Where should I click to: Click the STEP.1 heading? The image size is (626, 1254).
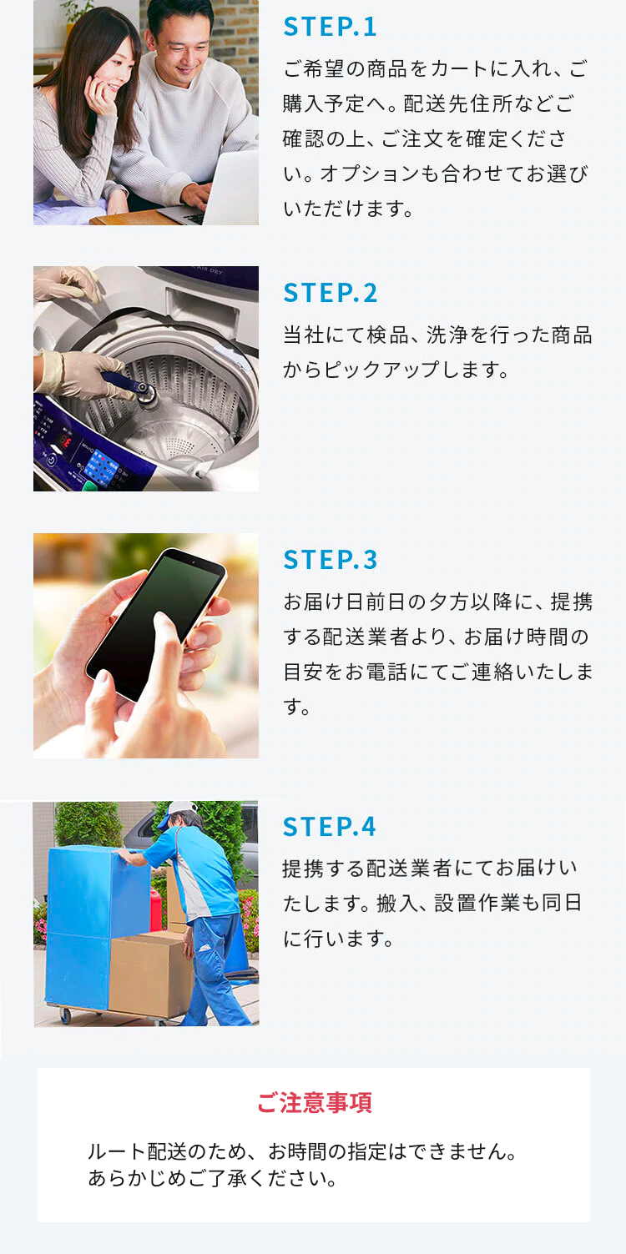click(x=329, y=27)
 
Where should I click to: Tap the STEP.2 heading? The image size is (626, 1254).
click(x=330, y=293)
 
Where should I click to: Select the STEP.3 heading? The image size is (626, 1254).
click(x=330, y=560)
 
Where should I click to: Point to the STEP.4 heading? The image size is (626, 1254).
click(x=329, y=826)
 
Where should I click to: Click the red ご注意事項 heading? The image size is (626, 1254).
click(x=314, y=1102)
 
